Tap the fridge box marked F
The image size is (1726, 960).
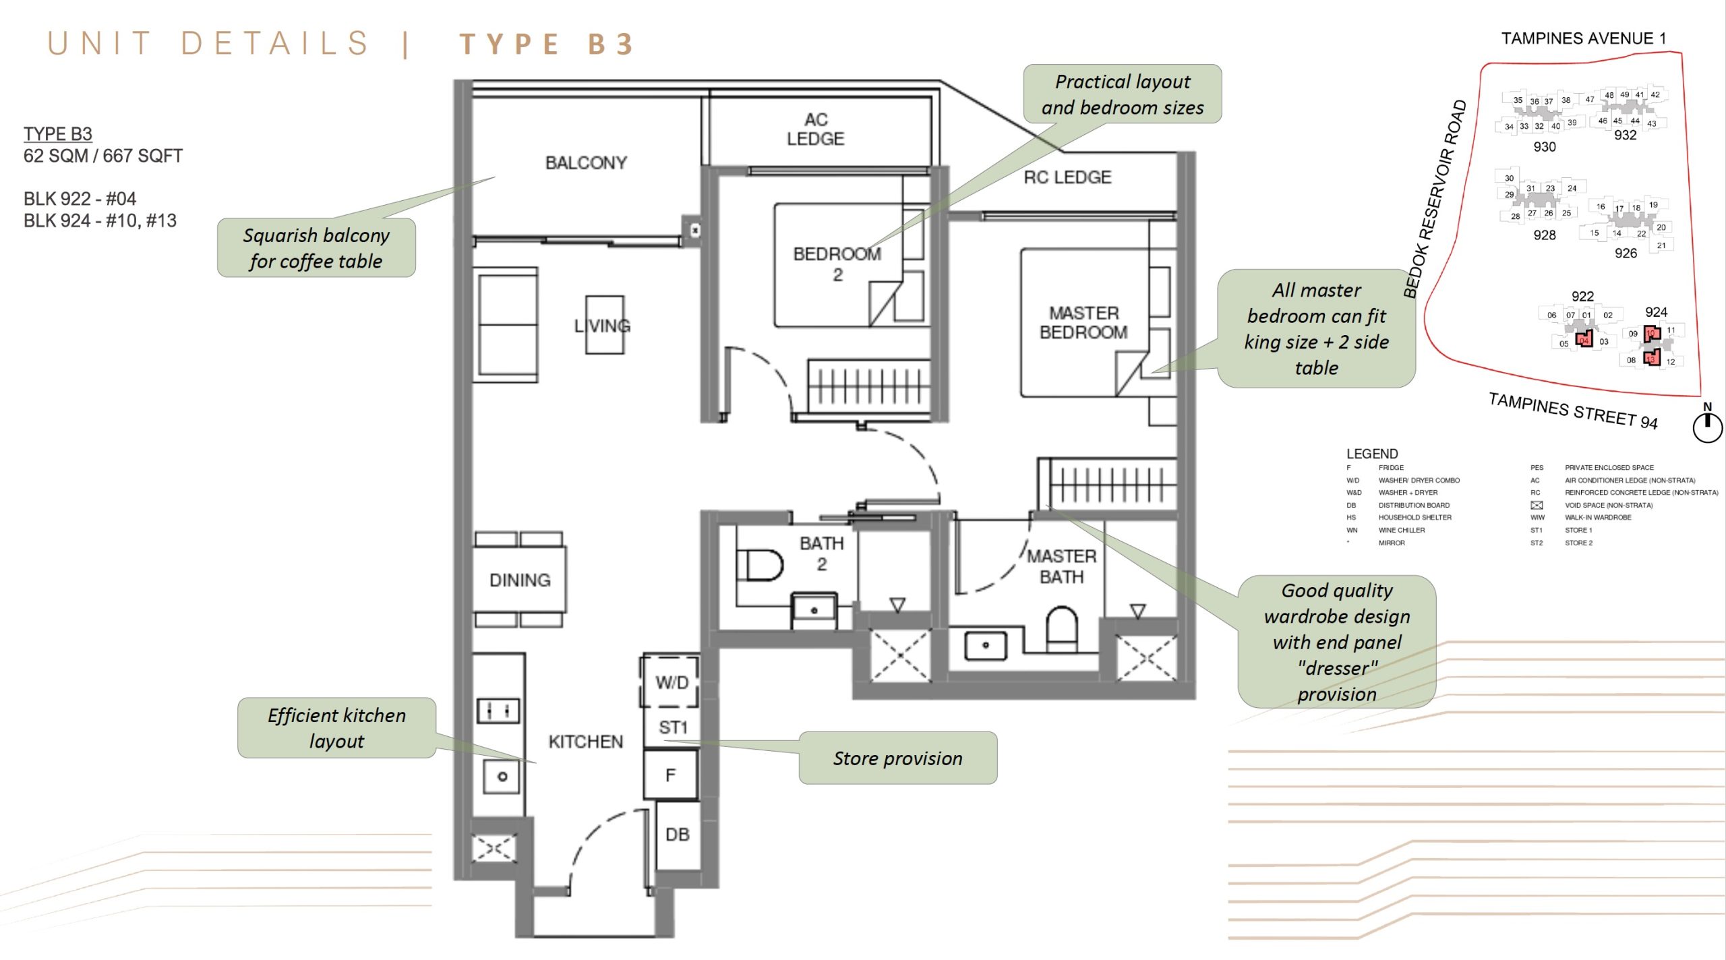click(x=670, y=775)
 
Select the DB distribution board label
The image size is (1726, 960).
click(x=677, y=835)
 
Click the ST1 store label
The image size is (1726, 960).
click(x=672, y=727)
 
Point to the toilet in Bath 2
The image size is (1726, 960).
click(x=760, y=565)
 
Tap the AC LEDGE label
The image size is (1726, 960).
click(x=815, y=129)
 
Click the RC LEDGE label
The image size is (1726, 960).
click(x=1067, y=177)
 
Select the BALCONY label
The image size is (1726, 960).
click(x=585, y=162)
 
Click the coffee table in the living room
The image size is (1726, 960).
click(x=604, y=325)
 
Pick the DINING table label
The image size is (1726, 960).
click(x=519, y=580)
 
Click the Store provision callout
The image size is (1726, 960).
click(x=897, y=758)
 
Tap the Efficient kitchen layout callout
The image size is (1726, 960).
click(x=336, y=727)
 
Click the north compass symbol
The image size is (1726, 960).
click(x=1707, y=426)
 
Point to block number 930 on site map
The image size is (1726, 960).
click(x=1544, y=147)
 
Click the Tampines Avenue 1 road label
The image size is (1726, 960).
click(x=1583, y=38)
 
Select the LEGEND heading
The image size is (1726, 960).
click(x=1371, y=454)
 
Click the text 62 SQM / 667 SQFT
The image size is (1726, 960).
click(x=103, y=156)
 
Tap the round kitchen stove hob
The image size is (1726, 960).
click(x=502, y=777)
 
